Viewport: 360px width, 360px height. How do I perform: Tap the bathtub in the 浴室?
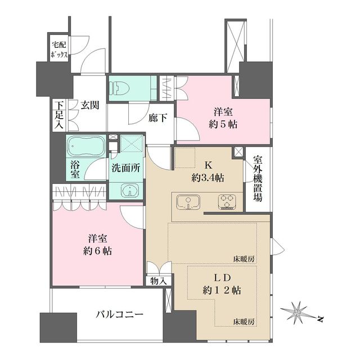coord(85,146)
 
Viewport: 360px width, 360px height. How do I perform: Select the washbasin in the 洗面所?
coord(130,190)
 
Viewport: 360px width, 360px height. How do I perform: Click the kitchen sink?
coord(188,202)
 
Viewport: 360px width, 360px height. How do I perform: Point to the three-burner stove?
coord(227,202)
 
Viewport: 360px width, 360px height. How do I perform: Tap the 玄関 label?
coord(89,105)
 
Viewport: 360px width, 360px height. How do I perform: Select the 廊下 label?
coord(157,118)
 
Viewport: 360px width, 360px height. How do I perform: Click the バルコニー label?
coord(119,314)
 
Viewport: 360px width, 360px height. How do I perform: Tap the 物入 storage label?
coord(159,281)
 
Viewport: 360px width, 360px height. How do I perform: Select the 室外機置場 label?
coord(258,179)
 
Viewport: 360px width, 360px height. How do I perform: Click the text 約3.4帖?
coord(208,178)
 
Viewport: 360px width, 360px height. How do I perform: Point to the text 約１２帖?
coord(222,291)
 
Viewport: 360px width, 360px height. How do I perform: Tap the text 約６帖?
coord(97,251)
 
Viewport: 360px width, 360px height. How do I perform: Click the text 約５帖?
coord(223,124)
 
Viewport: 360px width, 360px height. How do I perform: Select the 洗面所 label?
coord(125,168)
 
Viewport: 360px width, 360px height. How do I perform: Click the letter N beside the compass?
coord(321,319)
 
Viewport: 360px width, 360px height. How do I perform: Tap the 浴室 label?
coord(75,169)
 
